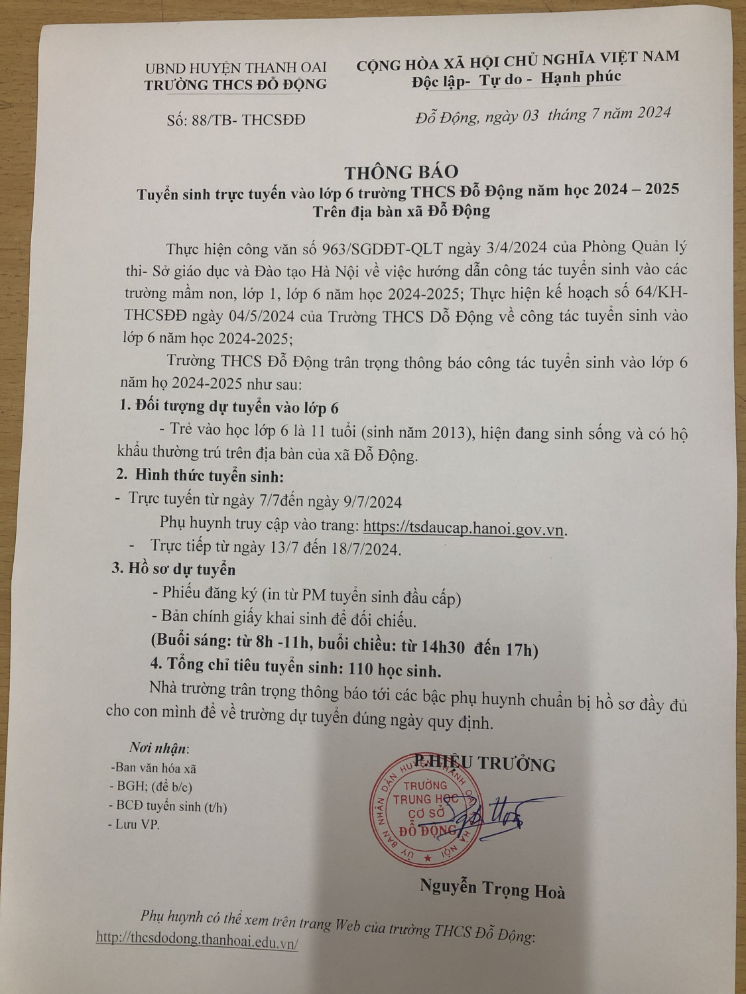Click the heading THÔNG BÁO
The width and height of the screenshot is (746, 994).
(401, 172)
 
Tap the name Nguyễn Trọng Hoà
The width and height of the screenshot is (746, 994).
(492, 889)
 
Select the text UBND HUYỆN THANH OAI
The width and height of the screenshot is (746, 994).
(235, 68)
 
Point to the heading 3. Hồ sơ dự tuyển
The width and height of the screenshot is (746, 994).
(173, 569)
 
